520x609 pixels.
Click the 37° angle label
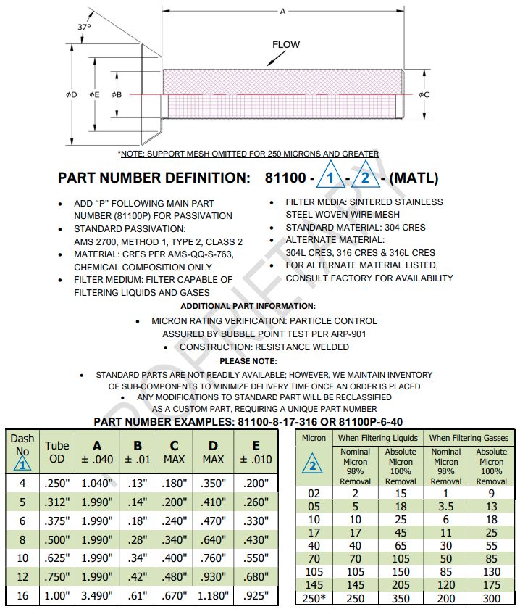point(85,27)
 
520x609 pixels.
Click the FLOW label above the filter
point(285,45)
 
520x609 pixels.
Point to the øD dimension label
point(71,94)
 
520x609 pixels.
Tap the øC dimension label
point(424,94)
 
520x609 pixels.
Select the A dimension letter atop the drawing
point(282,11)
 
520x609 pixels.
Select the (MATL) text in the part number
point(414,178)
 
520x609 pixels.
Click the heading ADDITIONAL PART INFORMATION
point(248,307)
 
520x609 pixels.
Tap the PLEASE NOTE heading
point(248,360)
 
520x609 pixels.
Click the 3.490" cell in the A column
point(96,596)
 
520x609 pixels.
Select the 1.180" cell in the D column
point(213,596)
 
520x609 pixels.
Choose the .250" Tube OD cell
point(56,483)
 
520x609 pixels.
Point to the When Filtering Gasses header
point(469,438)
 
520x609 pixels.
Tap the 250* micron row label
point(314,597)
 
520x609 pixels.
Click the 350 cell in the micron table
point(401,597)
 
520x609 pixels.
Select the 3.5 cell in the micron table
point(446,506)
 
